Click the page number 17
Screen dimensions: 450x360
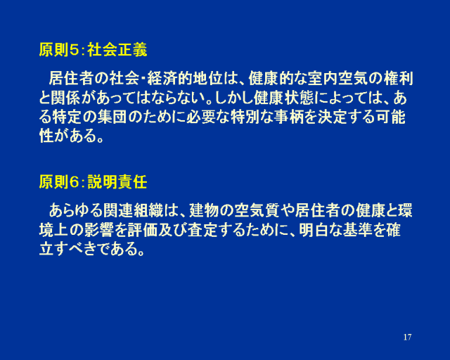[x=407, y=337]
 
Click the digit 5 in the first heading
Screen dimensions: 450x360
[x=74, y=50]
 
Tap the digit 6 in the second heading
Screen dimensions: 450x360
[x=74, y=182]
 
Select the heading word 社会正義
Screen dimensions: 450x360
[x=117, y=50]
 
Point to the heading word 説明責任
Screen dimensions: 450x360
[x=117, y=182]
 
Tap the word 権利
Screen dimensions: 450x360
[x=398, y=78]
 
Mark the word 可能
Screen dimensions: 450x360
[x=391, y=117]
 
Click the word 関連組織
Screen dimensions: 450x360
[x=133, y=210]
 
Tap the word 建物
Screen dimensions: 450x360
[x=204, y=210]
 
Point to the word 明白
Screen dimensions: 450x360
[x=313, y=230]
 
